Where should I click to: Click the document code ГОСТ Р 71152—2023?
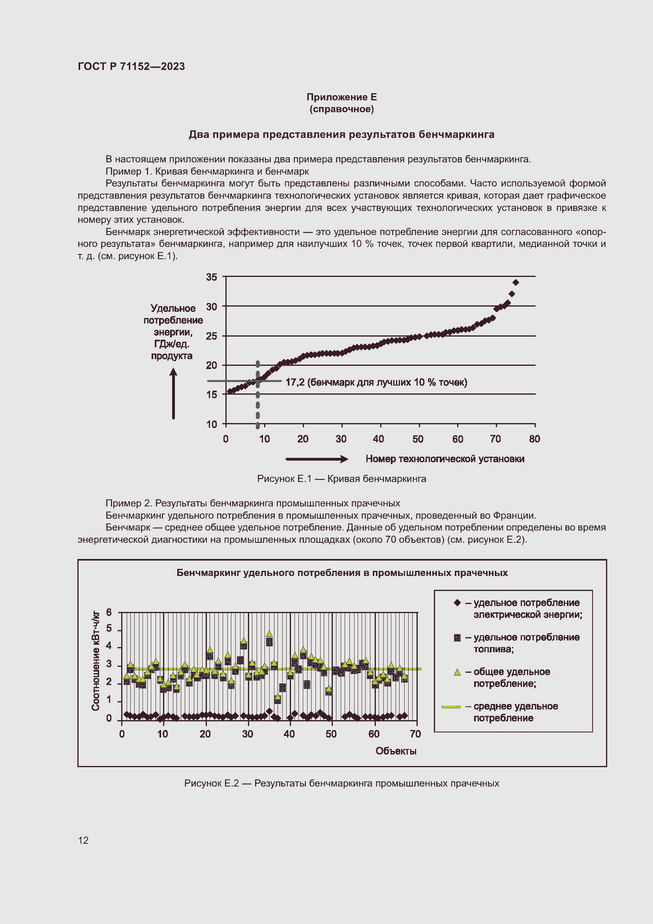coord(131,66)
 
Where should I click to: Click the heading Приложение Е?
coord(342,97)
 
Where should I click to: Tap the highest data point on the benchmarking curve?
coord(516,282)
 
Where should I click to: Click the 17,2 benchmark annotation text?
coord(376,382)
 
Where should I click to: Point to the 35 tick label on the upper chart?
coord(212,277)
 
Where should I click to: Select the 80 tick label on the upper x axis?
coord(534,439)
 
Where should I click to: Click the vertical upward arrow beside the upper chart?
coord(173,394)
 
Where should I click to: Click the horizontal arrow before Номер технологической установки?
coord(317,459)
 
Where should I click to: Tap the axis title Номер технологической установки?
coord(445,459)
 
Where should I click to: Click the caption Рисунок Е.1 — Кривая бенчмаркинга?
coord(342,478)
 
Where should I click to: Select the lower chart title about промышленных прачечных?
coord(342,573)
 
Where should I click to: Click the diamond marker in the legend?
coord(457,602)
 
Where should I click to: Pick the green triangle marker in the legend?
coord(457,672)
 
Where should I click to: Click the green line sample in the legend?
coord(451,707)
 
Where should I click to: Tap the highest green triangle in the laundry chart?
coord(269,634)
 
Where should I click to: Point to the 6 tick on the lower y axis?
coord(109,613)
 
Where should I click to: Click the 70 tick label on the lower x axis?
coord(415,734)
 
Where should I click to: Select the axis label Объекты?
coord(396,751)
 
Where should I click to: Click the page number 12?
coord(83,840)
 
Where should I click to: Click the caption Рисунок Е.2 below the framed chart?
coord(342,783)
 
